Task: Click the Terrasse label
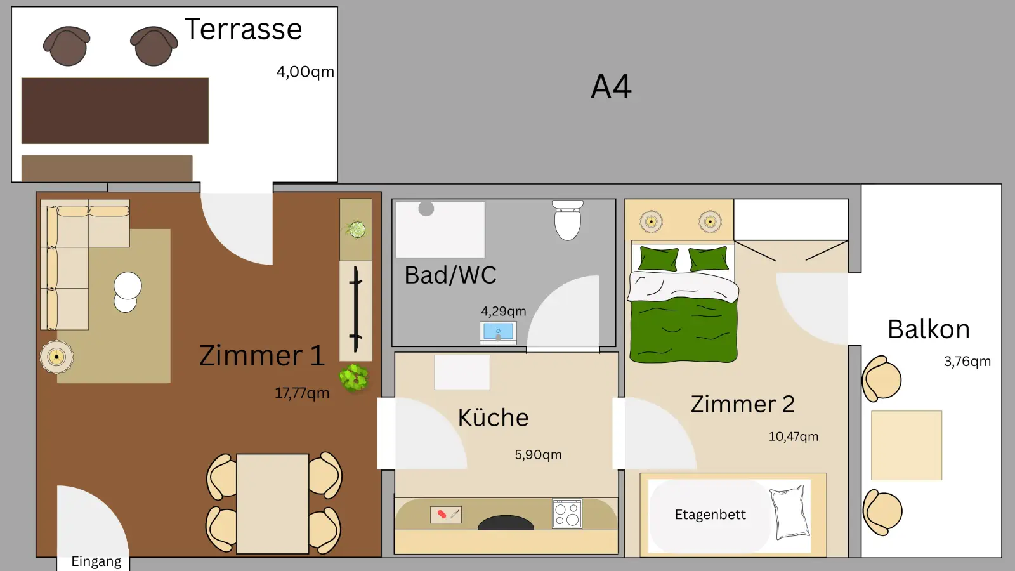tap(243, 29)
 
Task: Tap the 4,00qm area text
tap(304, 72)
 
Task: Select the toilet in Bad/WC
tap(567, 221)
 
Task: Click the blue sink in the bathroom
tap(498, 332)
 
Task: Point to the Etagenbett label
tap(710, 515)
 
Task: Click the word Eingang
tap(96, 561)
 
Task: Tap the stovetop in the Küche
tap(566, 514)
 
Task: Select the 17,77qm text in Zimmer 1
tap(302, 393)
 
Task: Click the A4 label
tap(611, 87)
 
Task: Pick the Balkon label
tap(928, 329)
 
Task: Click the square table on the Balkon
tap(906, 445)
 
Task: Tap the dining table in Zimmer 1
tap(272, 503)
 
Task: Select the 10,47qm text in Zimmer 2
tap(793, 436)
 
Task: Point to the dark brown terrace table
tap(115, 110)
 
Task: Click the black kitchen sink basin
tap(506, 523)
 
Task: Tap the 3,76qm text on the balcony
tap(967, 362)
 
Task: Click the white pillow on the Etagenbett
tap(790, 511)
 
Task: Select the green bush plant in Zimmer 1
tap(353, 378)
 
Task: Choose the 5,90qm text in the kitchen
tap(538, 455)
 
